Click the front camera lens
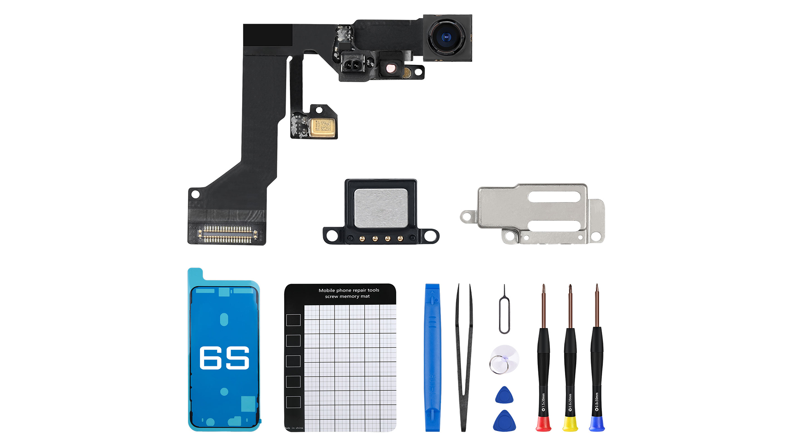point(446,38)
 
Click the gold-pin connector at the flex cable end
point(227,234)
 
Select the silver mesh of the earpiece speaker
point(381,208)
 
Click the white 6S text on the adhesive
point(224,358)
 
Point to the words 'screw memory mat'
point(347,297)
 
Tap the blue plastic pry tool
point(432,357)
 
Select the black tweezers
point(464,357)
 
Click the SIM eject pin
point(504,310)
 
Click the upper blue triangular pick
point(504,396)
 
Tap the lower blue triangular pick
point(504,421)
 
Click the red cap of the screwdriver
point(543,424)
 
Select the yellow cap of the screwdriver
point(570,424)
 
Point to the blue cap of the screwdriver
point(597,424)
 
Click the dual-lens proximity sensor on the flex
point(352,65)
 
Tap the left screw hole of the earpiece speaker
point(332,236)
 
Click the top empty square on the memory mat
point(293,320)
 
